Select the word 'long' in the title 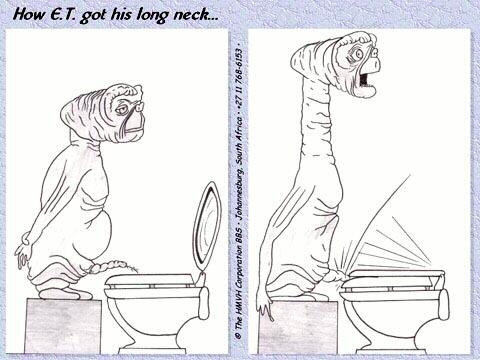click(x=153, y=16)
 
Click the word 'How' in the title click(x=29, y=14)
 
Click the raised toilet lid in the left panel click(x=207, y=227)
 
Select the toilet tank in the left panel click(x=203, y=303)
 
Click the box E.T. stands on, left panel click(x=63, y=326)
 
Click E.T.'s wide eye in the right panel click(x=359, y=54)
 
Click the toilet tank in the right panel click(x=443, y=305)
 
